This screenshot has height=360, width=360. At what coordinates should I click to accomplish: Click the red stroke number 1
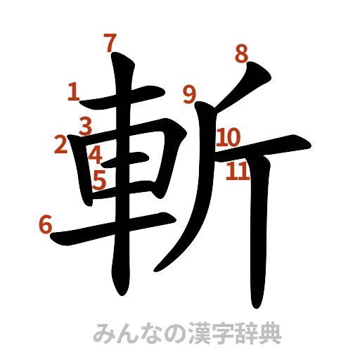(74, 90)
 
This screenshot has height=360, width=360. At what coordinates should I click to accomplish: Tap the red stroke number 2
(60, 145)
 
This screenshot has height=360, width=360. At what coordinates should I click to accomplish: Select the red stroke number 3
(86, 126)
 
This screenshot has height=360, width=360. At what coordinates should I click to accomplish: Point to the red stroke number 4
(96, 153)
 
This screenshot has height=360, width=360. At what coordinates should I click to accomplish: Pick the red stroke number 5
(99, 179)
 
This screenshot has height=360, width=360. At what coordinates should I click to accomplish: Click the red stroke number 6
(44, 226)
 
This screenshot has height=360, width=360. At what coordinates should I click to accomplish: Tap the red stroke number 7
(109, 42)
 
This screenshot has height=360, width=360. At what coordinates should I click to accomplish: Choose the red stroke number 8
(241, 53)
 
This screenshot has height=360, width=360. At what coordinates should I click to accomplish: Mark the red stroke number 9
(188, 94)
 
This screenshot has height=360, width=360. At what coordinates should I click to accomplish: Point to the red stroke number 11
(238, 171)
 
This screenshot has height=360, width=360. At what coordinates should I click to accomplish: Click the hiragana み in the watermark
(103, 333)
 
